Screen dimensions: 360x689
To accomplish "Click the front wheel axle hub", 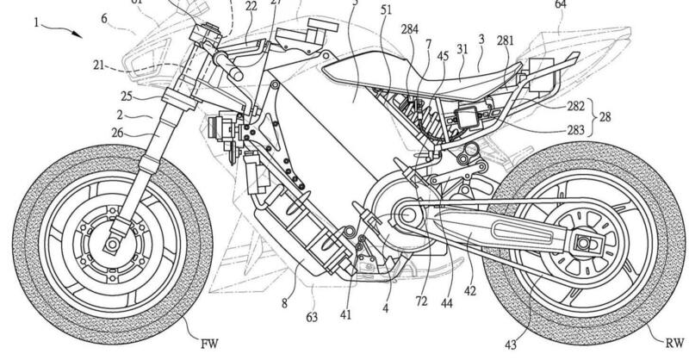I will click(110, 243).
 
